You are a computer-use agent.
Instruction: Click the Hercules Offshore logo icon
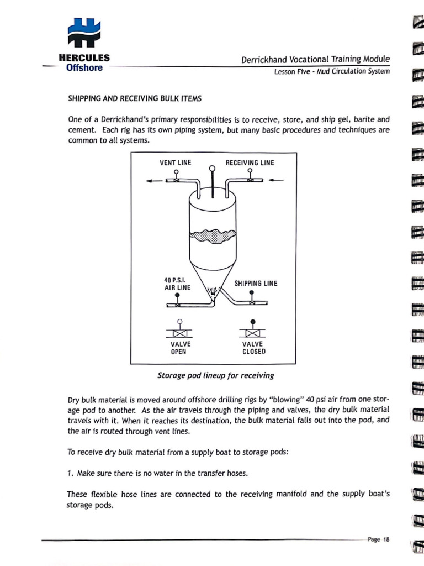tap(84, 33)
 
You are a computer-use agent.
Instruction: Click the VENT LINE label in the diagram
tap(176, 163)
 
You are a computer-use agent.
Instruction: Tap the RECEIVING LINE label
tap(250, 163)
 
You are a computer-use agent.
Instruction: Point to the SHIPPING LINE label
tap(256, 284)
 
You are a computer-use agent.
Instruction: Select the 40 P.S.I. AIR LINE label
tap(177, 284)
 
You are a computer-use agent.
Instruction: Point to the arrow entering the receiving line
tap(277, 180)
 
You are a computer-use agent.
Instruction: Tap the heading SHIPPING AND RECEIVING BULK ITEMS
tap(134, 99)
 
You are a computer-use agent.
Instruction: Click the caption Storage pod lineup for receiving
tap(215, 375)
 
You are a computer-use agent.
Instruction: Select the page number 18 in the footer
tap(386, 540)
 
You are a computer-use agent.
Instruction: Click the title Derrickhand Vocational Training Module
tap(315, 59)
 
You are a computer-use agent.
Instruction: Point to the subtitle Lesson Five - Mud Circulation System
tap(332, 71)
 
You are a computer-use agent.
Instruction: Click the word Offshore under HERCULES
tap(84, 68)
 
